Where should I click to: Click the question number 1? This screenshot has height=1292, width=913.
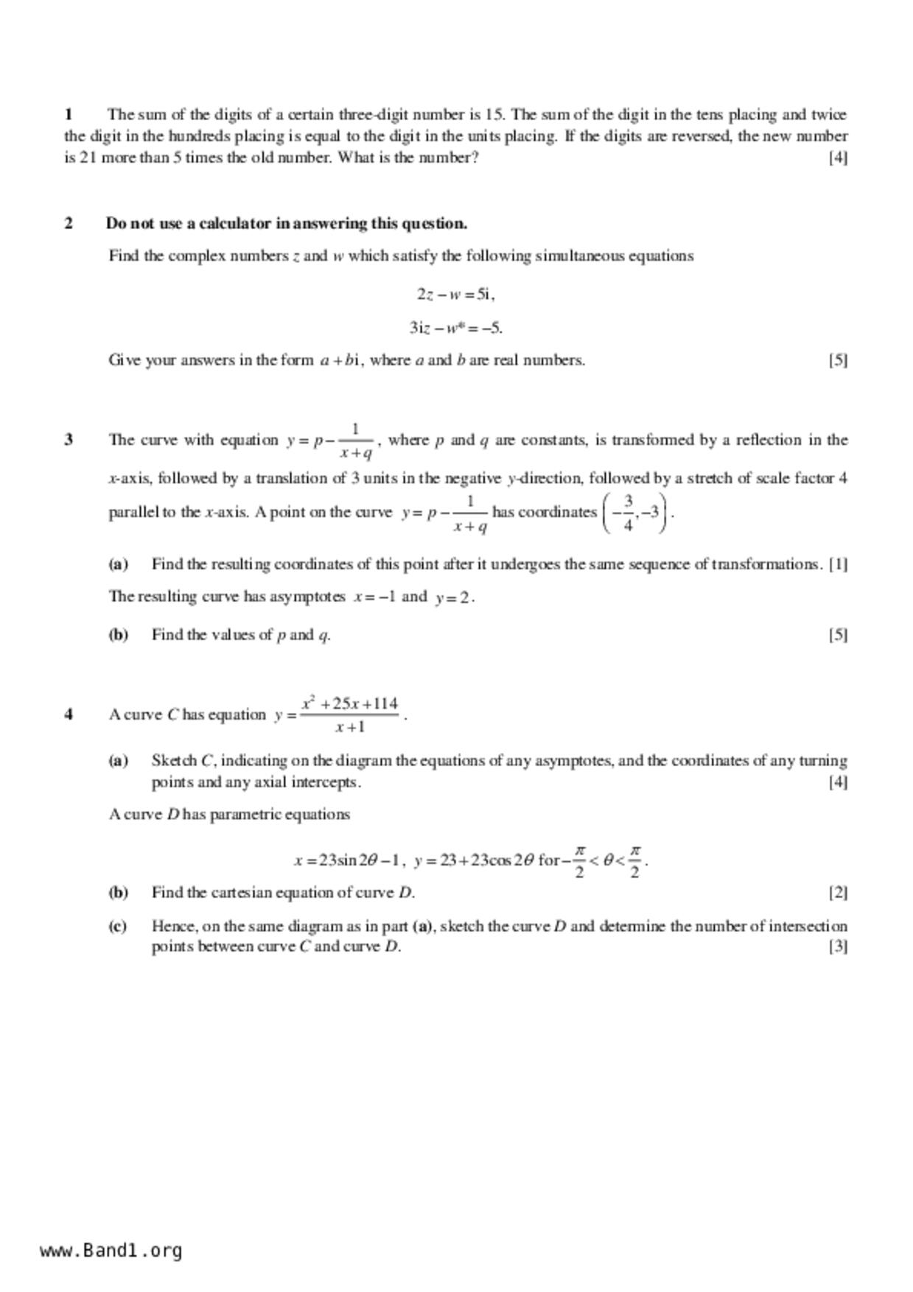click(x=69, y=114)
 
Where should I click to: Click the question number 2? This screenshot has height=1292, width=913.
click(x=69, y=223)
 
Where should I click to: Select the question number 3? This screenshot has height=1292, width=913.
click(x=69, y=440)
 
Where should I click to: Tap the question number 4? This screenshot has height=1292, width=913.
click(x=69, y=714)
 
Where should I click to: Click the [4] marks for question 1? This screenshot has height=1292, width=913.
click(x=838, y=157)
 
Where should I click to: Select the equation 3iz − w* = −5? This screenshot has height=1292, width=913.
click(x=456, y=328)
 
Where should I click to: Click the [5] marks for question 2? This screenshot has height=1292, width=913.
click(x=838, y=360)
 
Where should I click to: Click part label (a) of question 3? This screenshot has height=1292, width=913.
click(x=118, y=564)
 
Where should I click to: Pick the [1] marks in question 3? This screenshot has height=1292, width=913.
click(x=838, y=564)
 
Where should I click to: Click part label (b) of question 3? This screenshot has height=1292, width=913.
click(x=118, y=634)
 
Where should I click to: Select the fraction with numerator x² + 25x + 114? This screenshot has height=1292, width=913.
click(x=350, y=715)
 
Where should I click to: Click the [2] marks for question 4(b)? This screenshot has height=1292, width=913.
click(x=838, y=892)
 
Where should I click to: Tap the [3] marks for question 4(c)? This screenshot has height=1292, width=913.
click(x=838, y=947)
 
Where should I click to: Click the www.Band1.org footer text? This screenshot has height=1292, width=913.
click(x=111, y=1250)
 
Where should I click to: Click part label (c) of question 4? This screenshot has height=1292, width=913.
click(x=118, y=926)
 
